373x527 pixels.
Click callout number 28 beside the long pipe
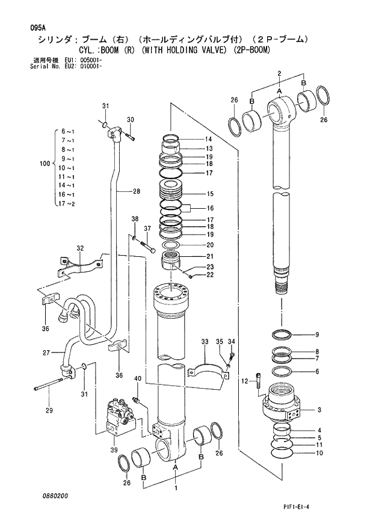pyautogui.click(x=137, y=191)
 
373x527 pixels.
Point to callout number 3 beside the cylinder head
pyautogui.click(x=319, y=410)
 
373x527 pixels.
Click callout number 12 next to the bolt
pyautogui.click(x=245, y=381)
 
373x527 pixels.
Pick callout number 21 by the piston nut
pyautogui.click(x=210, y=256)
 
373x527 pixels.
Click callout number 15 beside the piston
pyautogui.click(x=210, y=194)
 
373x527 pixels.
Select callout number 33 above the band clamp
pyautogui.click(x=205, y=341)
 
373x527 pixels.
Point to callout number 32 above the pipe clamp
pyautogui.click(x=80, y=248)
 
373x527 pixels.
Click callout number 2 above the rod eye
pyautogui.click(x=280, y=73)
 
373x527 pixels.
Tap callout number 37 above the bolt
pyautogui.click(x=147, y=228)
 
